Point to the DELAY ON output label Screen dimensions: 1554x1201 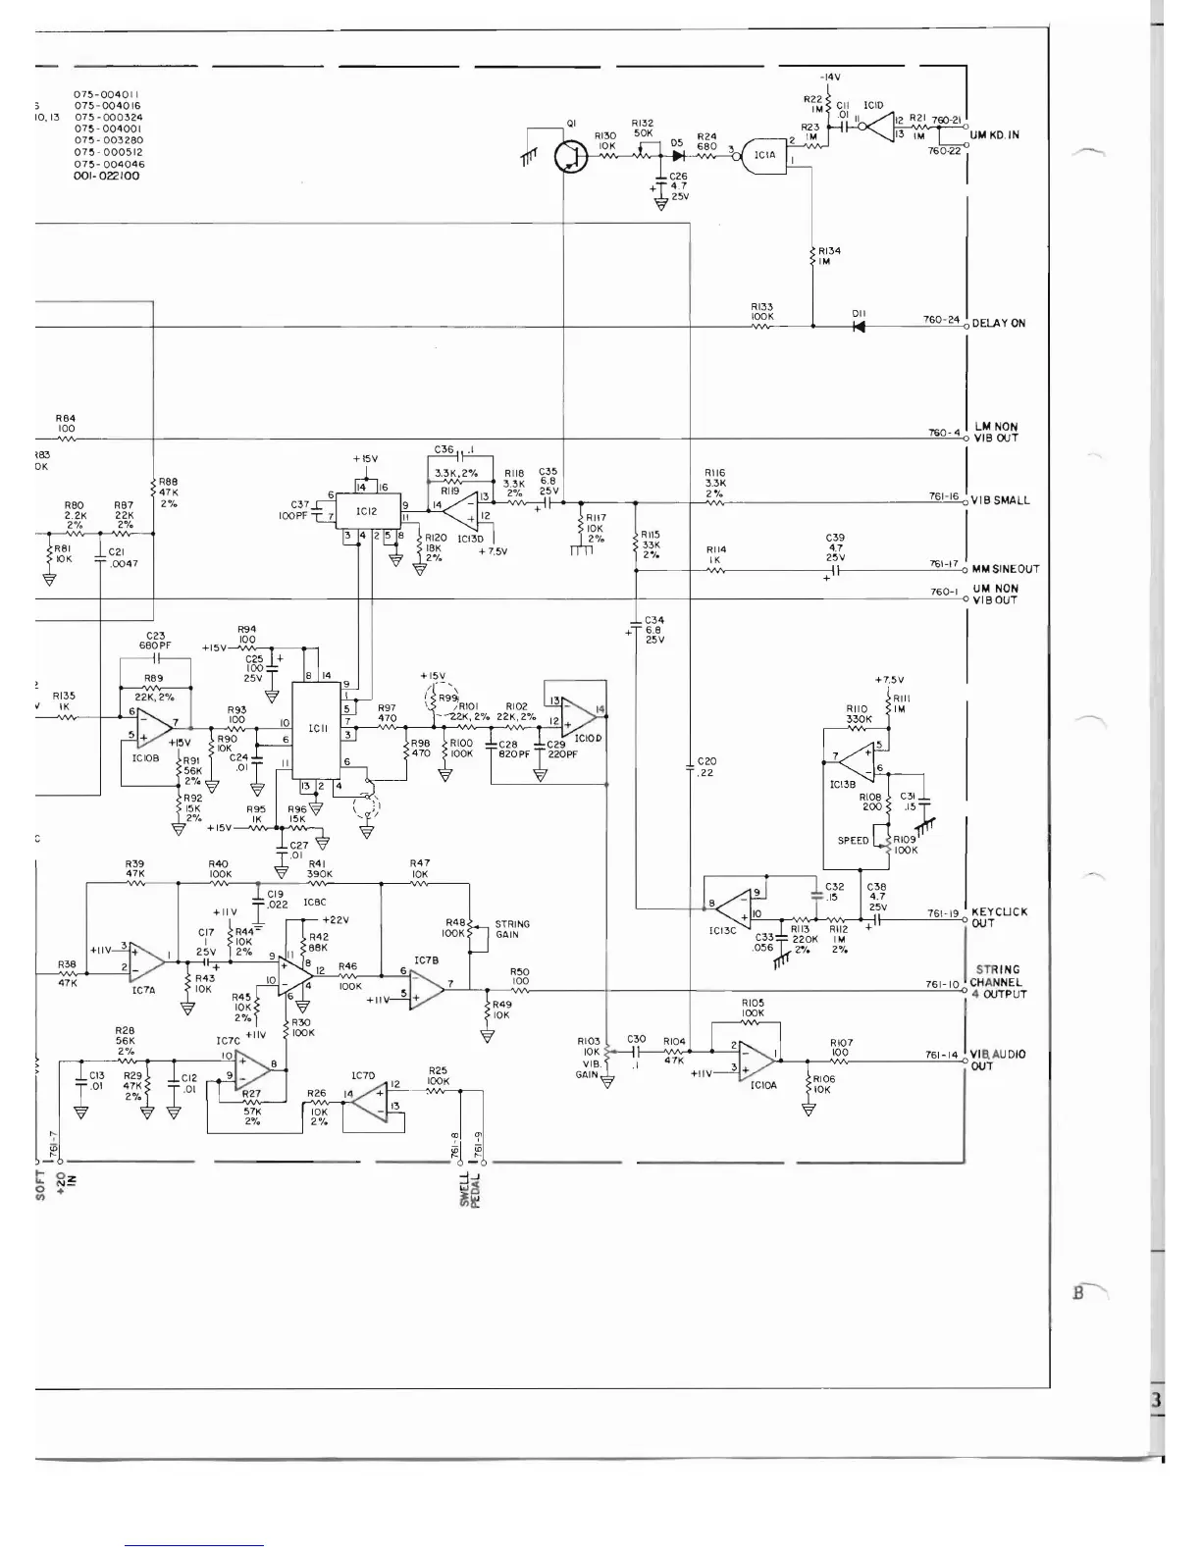[998, 323]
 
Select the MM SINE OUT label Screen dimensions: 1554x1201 [1005, 569]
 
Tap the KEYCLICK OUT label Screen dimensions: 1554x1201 [999, 917]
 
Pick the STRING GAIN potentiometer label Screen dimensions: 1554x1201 [512, 929]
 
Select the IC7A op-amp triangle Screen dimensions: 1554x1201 [145, 958]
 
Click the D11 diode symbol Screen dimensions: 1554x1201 [860, 326]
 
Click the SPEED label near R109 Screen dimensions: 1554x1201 [853, 841]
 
